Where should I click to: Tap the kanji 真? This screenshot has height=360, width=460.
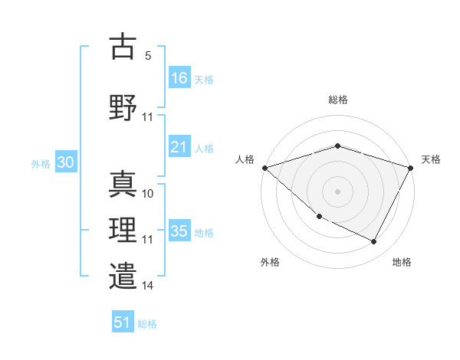click(x=123, y=185)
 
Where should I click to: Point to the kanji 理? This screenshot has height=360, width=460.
click(x=123, y=229)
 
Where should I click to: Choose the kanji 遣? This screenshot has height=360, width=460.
click(x=123, y=276)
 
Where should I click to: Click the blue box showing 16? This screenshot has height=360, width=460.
click(x=179, y=77)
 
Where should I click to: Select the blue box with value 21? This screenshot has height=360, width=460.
click(x=179, y=147)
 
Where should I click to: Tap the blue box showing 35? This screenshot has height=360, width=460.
click(x=179, y=231)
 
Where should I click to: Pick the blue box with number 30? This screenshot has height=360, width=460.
click(x=65, y=163)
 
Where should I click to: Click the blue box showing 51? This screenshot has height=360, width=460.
click(x=123, y=322)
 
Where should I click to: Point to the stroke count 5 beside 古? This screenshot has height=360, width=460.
click(x=148, y=56)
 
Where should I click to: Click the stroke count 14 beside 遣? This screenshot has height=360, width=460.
click(x=148, y=286)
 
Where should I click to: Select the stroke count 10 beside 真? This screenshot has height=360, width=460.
click(x=148, y=194)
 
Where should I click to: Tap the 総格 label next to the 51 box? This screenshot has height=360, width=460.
click(x=147, y=324)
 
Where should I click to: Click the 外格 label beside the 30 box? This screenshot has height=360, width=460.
click(x=41, y=164)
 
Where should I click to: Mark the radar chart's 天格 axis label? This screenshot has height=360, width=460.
click(x=432, y=159)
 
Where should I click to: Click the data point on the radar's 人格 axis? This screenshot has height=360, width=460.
click(x=264, y=167)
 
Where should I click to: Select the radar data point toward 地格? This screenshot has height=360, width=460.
click(x=374, y=242)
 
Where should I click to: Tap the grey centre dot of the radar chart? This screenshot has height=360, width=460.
click(x=338, y=191)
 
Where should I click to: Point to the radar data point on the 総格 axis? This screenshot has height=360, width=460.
click(x=338, y=146)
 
